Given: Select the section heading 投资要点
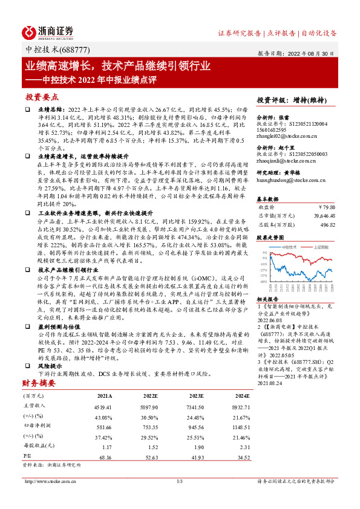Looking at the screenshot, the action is pos(42,97).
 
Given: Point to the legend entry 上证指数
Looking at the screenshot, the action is pos(321,247).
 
